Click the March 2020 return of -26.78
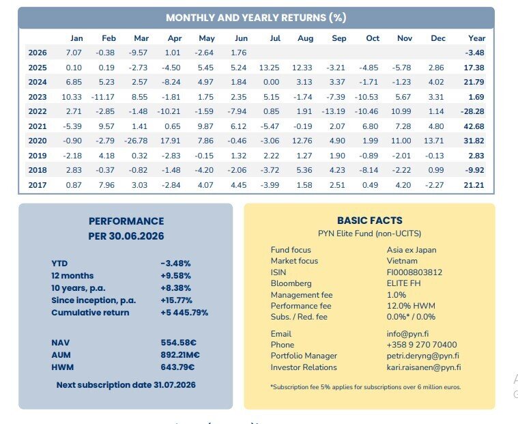[136, 141]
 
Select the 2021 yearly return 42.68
[474, 126]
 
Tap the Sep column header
[339, 38]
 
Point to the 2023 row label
[38, 97]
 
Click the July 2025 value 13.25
[270, 68]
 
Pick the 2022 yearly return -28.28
[472, 111]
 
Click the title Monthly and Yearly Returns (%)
[256, 18]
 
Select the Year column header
[476, 38]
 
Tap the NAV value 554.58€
[178, 343]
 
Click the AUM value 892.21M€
[180, 355]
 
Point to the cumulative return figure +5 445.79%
[184, 313]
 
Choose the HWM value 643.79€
[177, 367]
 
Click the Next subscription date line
[126, 385]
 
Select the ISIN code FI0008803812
[414, 272]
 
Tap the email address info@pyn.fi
[407, 334]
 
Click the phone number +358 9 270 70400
[422, 345]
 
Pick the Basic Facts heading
[370, 221]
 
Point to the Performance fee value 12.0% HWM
[411, 306]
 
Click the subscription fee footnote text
[365, 387]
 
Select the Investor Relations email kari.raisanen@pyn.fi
[424, 367]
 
